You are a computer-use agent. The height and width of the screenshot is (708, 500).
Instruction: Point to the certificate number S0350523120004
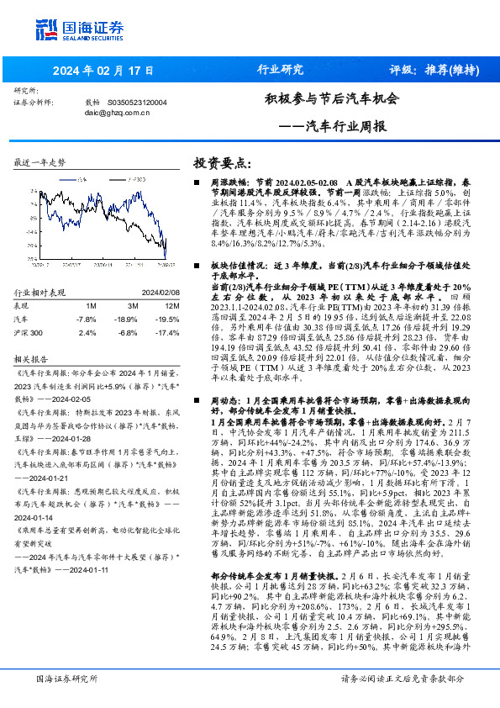click(x=138, y=102)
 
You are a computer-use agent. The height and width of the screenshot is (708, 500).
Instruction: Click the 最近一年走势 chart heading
click(x=39, y=161)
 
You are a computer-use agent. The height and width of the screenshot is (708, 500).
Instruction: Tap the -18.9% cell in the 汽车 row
click(x=128, y=320)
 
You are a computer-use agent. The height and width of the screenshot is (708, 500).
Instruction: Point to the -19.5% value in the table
click(x=169, y=320)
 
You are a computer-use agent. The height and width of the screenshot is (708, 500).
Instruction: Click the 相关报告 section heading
click(x=34, y=357)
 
